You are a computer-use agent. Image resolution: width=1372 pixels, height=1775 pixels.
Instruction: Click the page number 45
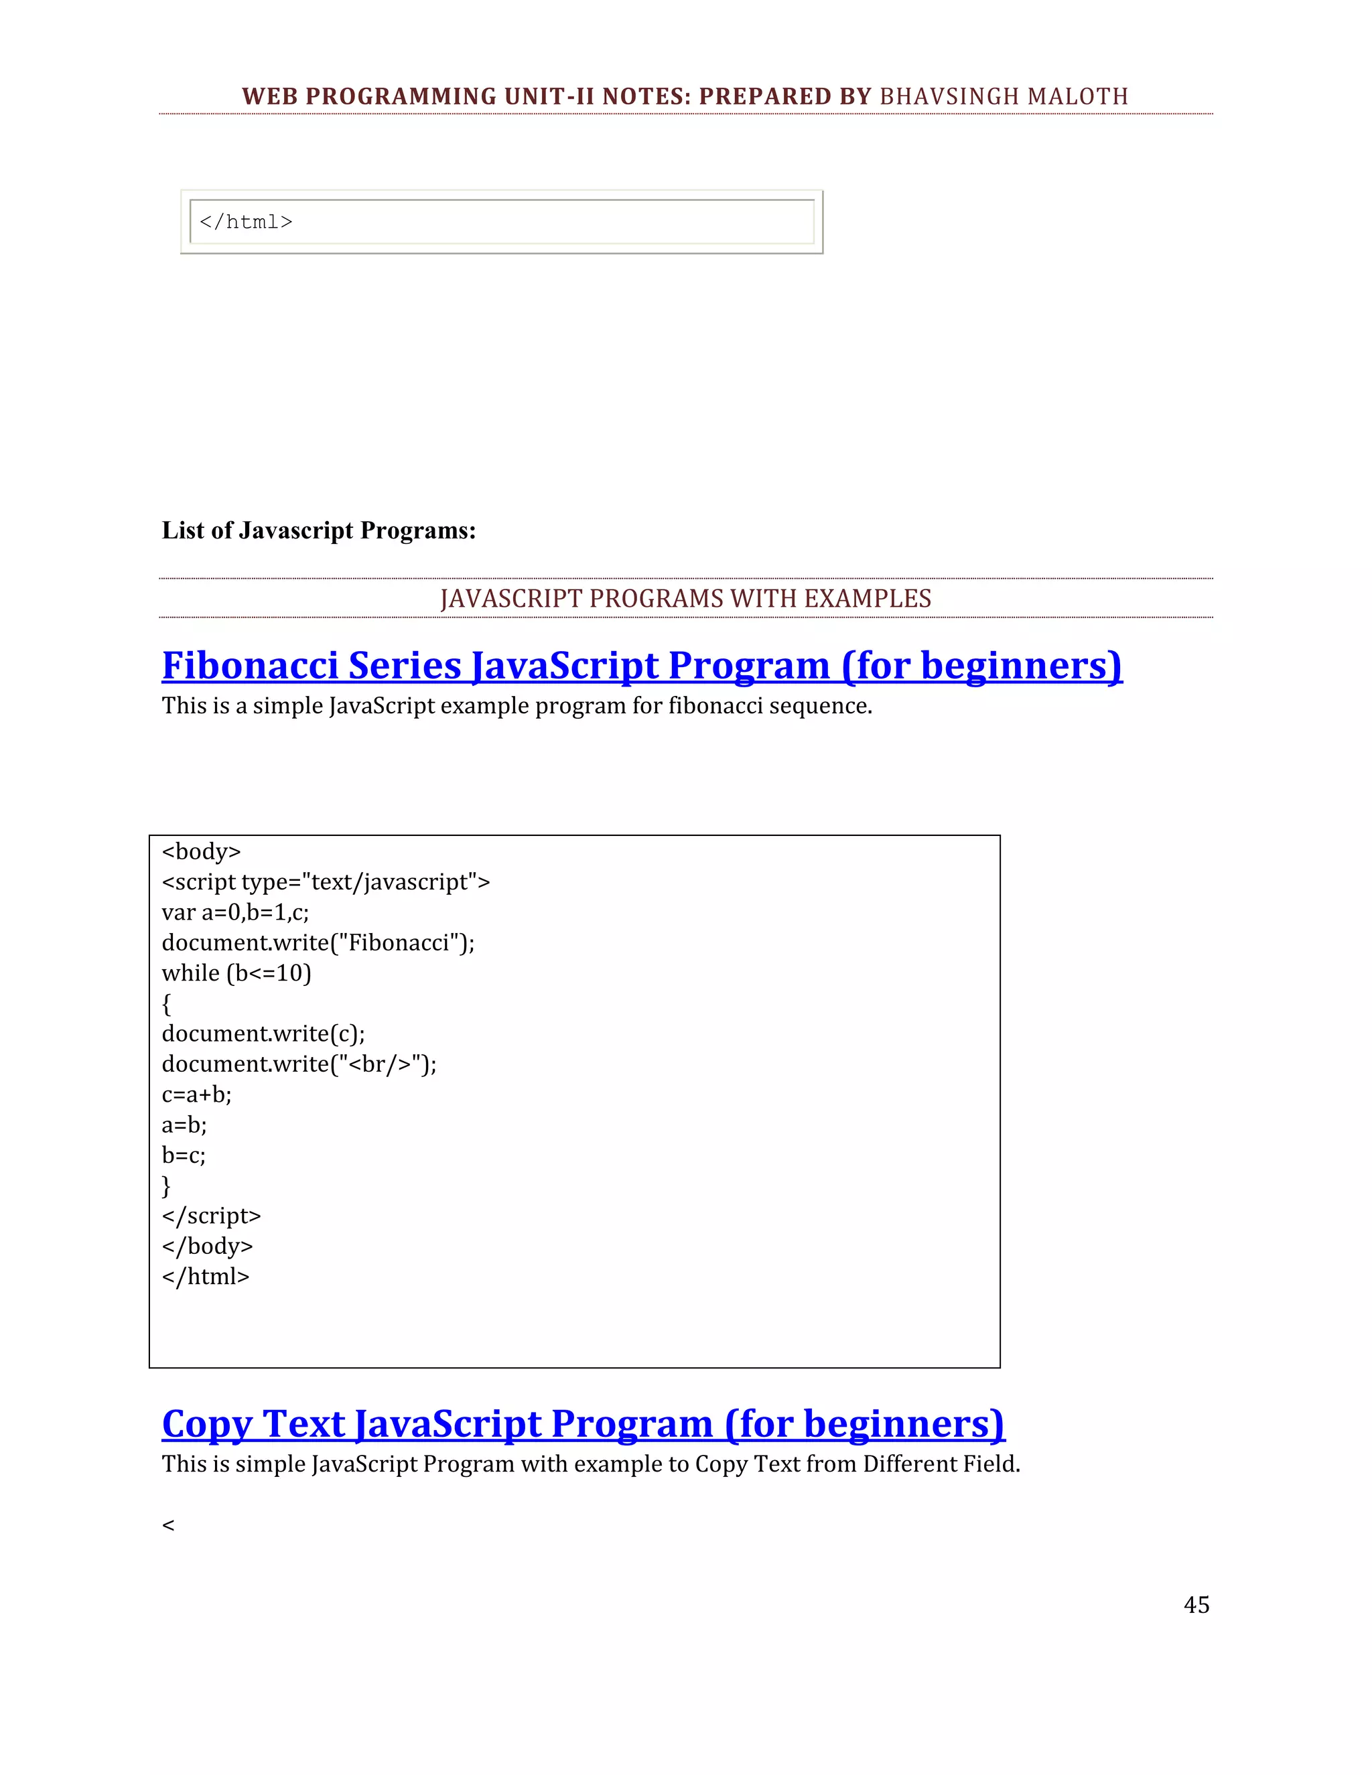pyautogui.click(x=1196, y=1604)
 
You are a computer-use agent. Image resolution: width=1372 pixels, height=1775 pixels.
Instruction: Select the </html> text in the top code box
pyautogui.click(x=245, y=222)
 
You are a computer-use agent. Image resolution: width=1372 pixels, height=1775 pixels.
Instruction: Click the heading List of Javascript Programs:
pyautogui.click(x=319, y=530)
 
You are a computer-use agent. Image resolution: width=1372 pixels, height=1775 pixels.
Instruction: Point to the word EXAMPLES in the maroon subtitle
pyautogui.click(x=868, y=599)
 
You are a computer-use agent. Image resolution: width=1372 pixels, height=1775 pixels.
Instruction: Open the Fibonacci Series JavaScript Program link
pyautogui.click(x=641, y=666)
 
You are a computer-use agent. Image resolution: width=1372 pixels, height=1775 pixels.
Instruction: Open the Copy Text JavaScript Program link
pyautogui.click(x=583, y=1424)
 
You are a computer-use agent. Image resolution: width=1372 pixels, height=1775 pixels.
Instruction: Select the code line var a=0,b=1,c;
pyautogui.click(x=235, y=913)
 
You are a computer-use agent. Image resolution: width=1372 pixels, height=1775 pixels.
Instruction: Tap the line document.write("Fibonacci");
pyautogui.click(x=318, y=943)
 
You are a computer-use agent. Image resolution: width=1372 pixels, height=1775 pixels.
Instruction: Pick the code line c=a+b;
pyautogui.click(x=197, y=1094)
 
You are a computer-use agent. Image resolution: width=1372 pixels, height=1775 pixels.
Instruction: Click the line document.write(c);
pyautogui.click(x=263, y=1034)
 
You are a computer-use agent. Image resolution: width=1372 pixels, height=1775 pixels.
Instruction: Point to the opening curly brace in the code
pyautogui.click(x=167, y=1004)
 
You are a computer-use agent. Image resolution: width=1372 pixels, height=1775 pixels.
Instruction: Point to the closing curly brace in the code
pyautogui.click(x=167, y=1186)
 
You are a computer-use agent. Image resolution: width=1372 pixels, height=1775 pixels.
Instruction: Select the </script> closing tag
pyautogui.click(x=211, y=1216)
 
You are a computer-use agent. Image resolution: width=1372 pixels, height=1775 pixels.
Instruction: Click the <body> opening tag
pyautogui.click(x=202, y=852)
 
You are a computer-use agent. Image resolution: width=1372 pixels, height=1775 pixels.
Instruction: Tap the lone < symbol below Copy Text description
pyautogui.click(x=168, y=1525)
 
